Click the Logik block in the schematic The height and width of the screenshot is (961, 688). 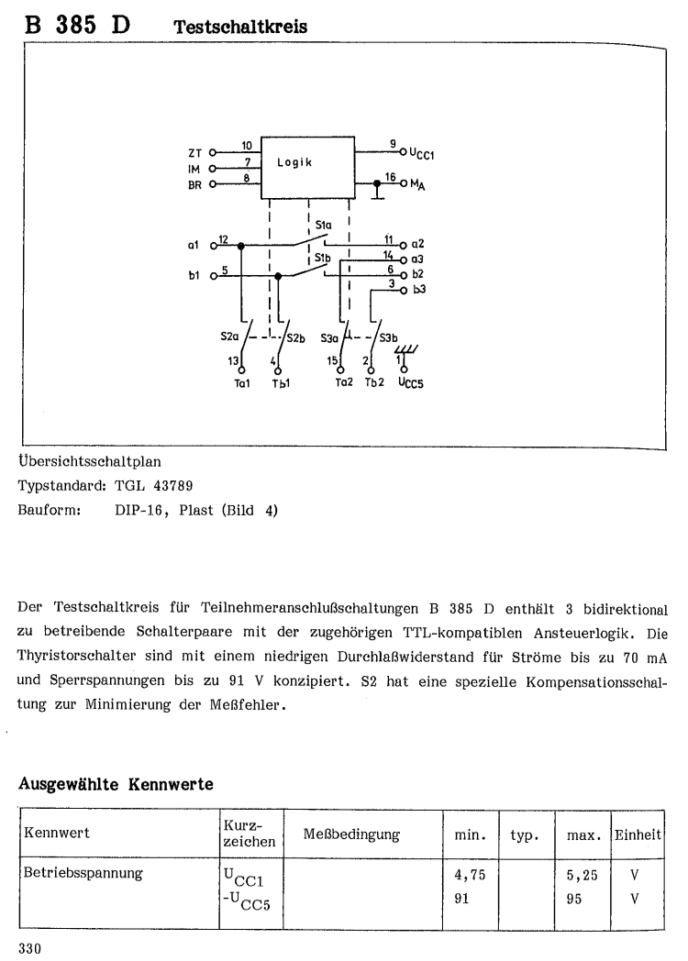click(308, 166)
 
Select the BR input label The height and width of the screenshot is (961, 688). click(194, 184)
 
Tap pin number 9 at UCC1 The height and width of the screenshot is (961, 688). click(392, 145)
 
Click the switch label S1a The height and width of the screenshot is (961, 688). click(323, 224)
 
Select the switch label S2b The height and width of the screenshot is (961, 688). click(294, 337)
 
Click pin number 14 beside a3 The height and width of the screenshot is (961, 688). click(388, 254)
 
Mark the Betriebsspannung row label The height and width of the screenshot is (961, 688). click(83, 875)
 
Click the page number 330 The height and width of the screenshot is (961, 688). click(31, 946)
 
